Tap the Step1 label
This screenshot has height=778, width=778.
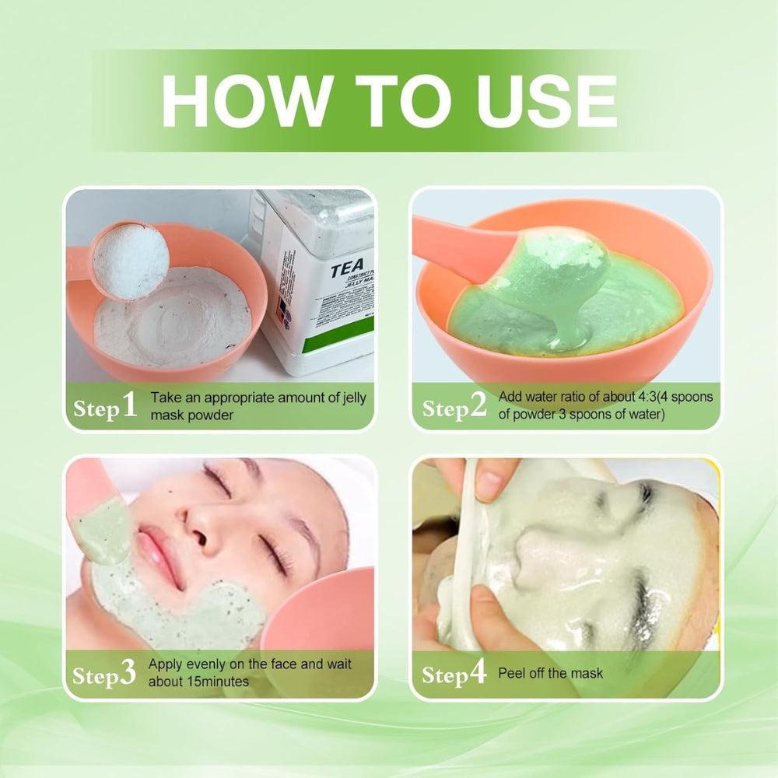tap(105, 406)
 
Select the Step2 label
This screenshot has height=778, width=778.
tap(454, 406)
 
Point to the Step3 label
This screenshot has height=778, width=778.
tap(105, 673)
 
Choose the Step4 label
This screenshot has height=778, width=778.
tap(454, 673)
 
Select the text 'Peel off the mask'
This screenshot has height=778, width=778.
tap(551, 673)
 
